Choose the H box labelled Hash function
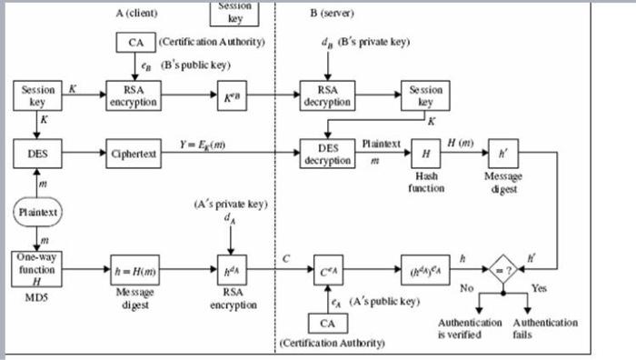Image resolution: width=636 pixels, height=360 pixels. (424, 154)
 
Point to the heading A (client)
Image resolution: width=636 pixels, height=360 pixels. (144, 13)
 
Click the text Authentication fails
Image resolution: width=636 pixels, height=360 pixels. (545, 328)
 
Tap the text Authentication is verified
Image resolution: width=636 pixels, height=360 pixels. (470, 328)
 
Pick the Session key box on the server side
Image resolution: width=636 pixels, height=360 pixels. (424, 97)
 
